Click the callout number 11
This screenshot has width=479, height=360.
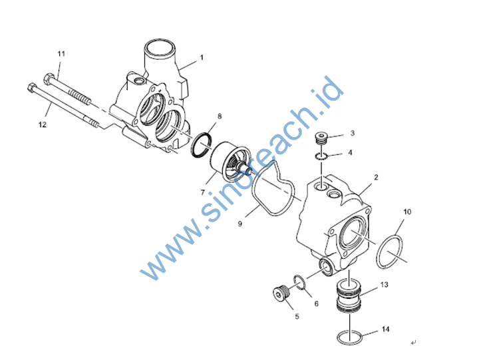pyautogui.click(x=61, y=54)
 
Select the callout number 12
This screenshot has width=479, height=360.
pyautogui.click(x=43, y=124)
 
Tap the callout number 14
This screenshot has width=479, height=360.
pyautogui.click(x=385, y=329)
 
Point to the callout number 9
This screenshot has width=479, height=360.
pyautogui.click(x=239, y=224)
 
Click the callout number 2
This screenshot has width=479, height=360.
pyautogui.click(x=376, y=177)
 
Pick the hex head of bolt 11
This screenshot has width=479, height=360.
pyautogui.click(x=49, y=79)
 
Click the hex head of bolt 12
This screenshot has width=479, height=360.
pyautogui.click(x=32, y=88)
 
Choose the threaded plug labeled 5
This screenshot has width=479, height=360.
pyautogui.click(x=281, y=293)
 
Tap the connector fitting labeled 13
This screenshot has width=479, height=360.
pyautogui.click(x=349, y=295)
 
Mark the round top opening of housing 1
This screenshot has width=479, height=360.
pyautogui.click(x=160, y=49)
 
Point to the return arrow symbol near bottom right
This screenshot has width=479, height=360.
pyautogui.click(x=413, y=343)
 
